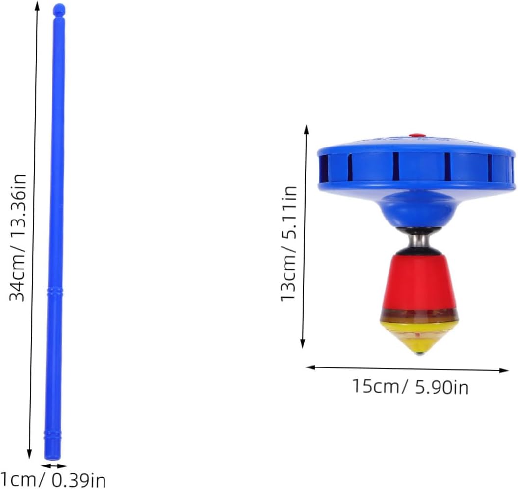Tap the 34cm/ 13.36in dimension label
(18, 238)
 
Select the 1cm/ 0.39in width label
(53, 479)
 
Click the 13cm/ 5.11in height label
(289, 243)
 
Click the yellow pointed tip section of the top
(419, 337)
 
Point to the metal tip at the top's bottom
(419, 354)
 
